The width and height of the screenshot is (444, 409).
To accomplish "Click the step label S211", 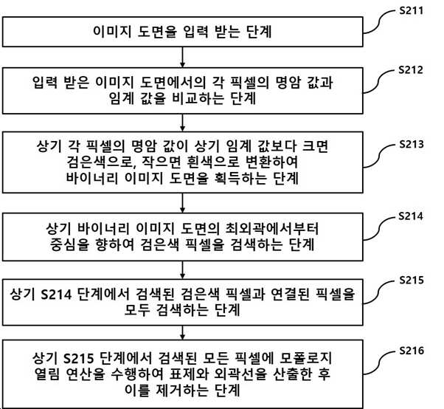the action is (411, 11).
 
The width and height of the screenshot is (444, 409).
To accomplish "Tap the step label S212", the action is (411, 70).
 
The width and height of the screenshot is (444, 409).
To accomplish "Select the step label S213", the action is (412, 144).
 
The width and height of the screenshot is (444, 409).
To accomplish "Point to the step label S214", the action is (411, 216).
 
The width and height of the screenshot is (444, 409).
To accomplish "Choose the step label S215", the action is (412, 280).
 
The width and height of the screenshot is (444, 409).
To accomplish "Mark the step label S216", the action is (412, 351).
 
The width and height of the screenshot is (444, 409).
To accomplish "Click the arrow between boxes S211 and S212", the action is (183, 58).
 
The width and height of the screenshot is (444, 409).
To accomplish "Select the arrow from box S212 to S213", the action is (183, 123).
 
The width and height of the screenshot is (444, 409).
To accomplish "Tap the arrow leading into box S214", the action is (183, 203).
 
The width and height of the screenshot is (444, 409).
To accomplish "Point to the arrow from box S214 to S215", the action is (183, 269).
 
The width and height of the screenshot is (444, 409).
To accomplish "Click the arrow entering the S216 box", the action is (183, 333).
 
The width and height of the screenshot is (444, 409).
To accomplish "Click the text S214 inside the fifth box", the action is (56, 295).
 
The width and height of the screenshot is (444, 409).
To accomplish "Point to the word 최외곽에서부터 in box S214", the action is (271, 229).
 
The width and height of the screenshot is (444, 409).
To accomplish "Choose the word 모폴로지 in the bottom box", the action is (305, 359).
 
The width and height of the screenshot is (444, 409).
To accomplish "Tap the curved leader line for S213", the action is (379, 157).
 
